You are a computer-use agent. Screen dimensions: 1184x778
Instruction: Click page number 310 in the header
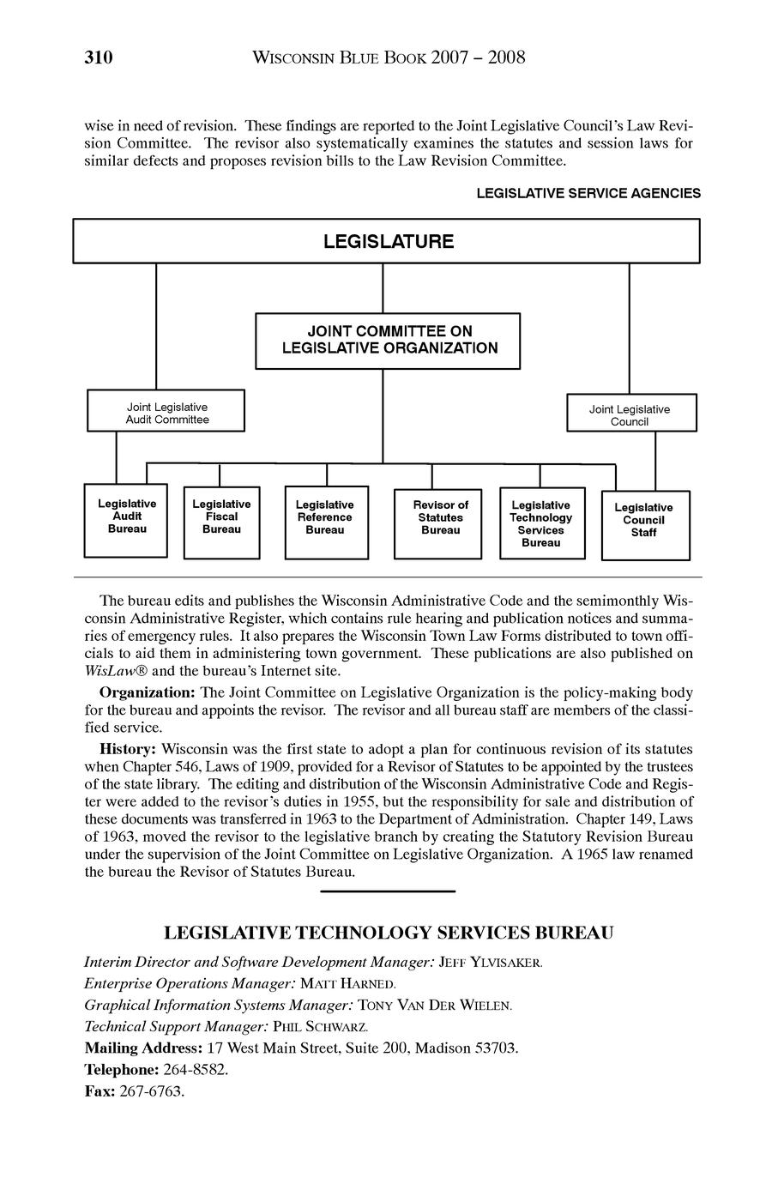coord(99,58)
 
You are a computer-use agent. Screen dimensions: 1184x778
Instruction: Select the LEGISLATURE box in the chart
coord(388,241)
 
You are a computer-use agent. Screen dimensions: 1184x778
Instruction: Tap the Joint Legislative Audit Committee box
coord(166,412)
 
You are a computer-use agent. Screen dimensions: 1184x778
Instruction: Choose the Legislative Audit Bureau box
coord(126,520)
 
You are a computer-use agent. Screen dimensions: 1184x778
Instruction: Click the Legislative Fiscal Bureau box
coord(221,521)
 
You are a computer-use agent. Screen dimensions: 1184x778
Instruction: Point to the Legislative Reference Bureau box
coord(325,522)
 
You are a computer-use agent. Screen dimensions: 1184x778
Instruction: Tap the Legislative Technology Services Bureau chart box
coord(540,523)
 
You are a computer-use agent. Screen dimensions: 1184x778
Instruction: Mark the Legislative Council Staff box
coord(643,524)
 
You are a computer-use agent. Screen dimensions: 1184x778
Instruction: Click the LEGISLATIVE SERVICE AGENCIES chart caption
coord(588,194)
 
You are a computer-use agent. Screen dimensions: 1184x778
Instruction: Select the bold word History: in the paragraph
coord(129,749)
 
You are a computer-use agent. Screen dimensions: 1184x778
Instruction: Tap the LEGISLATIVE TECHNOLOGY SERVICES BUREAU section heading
coord(389,933)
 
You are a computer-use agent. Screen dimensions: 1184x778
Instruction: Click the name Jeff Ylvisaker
coord(490,963)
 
